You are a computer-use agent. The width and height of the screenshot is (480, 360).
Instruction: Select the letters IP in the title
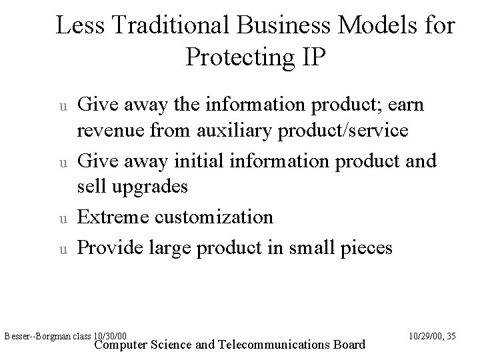pos(312,57)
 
